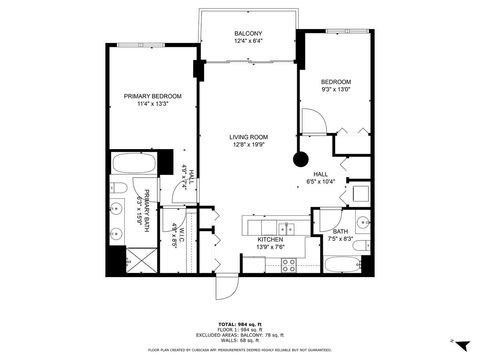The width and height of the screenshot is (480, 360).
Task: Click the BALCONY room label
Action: (x=248, y=33)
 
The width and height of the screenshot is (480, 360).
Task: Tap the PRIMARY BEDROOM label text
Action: (x=153, y=96)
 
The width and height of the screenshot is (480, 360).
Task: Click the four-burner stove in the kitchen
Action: (x=289, y=264)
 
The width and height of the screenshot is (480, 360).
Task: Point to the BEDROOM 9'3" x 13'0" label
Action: (x=336, y=86)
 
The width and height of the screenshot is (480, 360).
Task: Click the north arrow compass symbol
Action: (x=454, y=341)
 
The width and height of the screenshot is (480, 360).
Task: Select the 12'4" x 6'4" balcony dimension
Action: (x=248, y=41)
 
